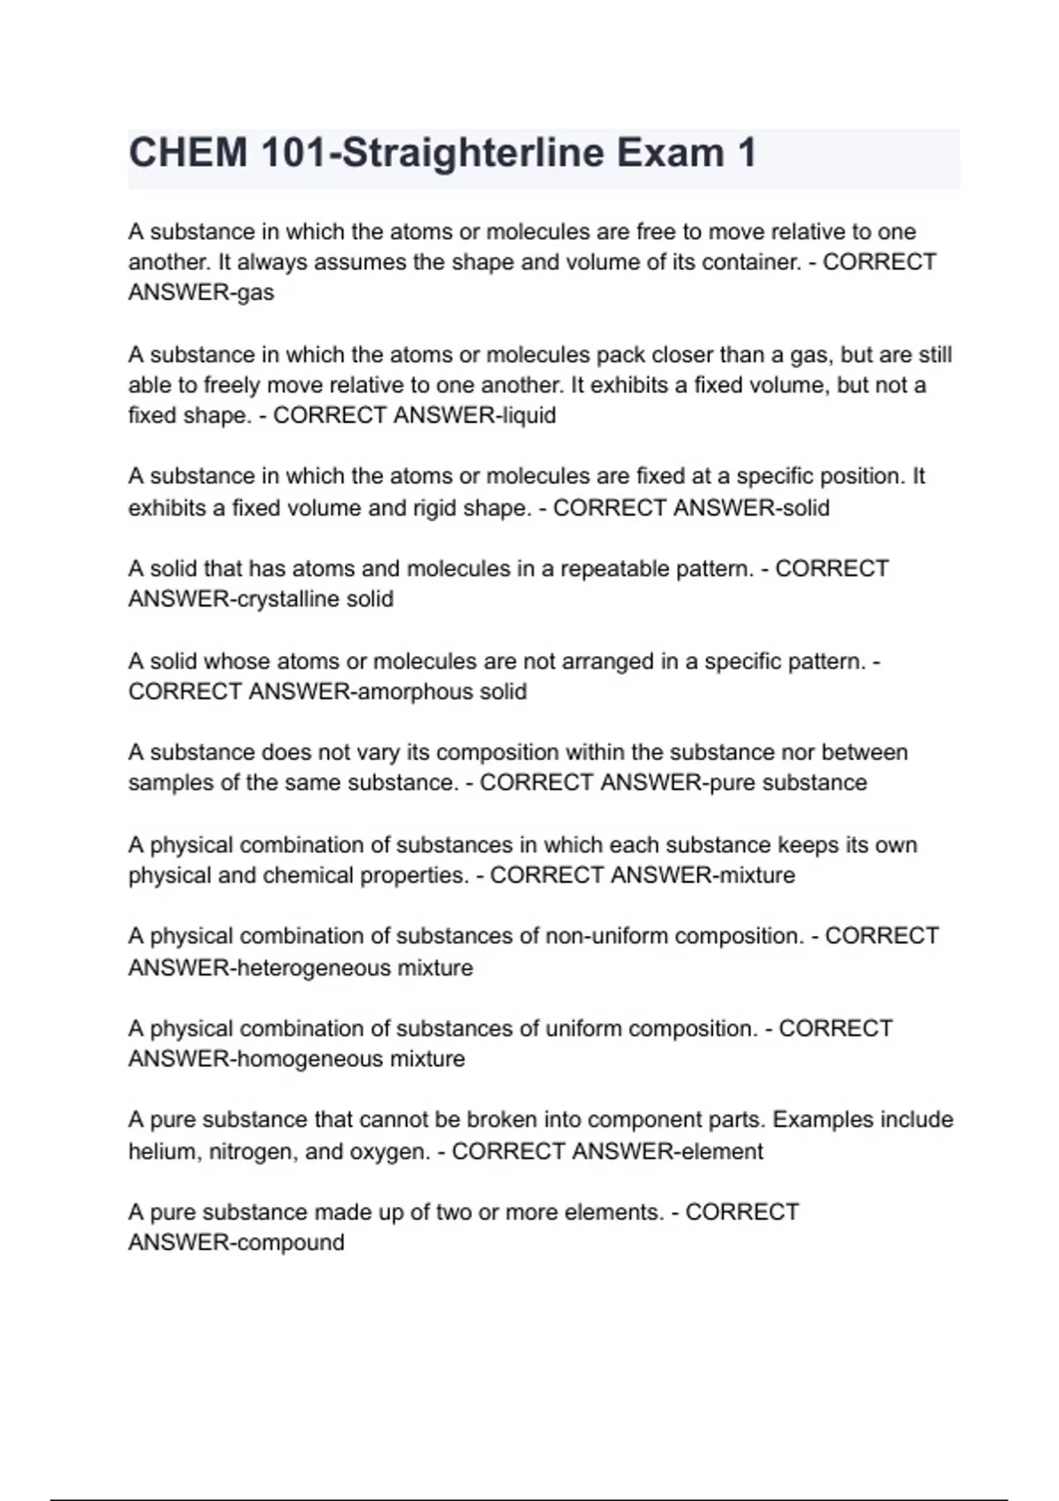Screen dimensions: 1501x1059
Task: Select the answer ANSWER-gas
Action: [x=201, y=292]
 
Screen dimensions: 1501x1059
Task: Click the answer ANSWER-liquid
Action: [x=474, y=415]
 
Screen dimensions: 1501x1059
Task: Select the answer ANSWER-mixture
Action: [x=702, y=875]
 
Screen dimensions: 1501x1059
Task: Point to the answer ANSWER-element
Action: [x=667, y=1151]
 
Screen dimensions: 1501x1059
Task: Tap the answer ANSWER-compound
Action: [x=237, y=1242]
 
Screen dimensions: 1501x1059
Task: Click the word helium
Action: [x=162, y=1151]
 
